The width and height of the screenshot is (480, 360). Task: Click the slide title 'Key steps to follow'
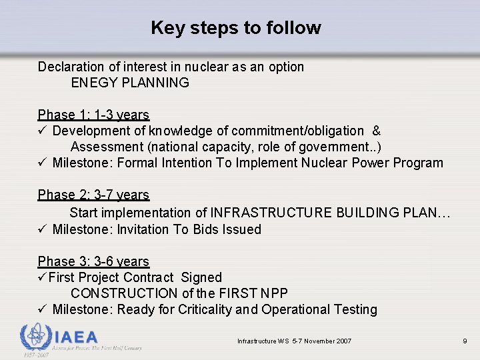235,28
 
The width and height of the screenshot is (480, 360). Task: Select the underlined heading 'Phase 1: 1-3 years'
93,115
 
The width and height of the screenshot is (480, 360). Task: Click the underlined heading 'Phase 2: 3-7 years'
93,195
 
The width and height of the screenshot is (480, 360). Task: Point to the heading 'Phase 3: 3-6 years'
93,261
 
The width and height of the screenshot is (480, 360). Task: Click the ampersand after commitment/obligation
377,131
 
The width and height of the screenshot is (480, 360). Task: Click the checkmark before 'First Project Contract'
42,277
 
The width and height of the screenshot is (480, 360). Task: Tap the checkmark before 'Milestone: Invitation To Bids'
42,229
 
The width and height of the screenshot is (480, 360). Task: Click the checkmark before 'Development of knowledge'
42,131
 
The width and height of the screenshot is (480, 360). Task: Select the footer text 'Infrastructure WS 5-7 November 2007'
294,341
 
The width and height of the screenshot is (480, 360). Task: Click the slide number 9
465,341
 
